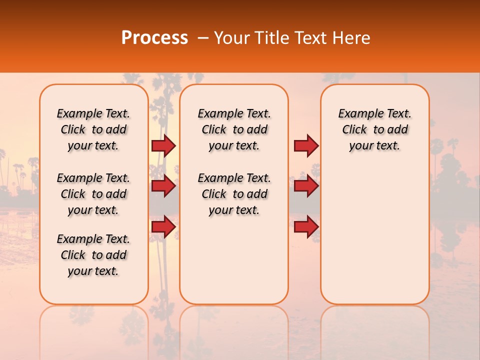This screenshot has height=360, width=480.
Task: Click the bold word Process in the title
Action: pyautogui.click(x=154, y=38)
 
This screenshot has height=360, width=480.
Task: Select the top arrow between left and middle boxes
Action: pyautogui.click(x=163, y=145)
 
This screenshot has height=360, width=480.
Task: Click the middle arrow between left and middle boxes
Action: pyautogui.click(x=163, y=186)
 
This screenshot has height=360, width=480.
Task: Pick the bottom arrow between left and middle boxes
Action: pyautogui.click(x=163, y=227)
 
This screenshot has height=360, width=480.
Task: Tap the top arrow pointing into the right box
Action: pyautogui.click(x=306, y=145)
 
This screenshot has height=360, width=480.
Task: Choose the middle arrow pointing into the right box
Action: pyautogui.click(x=306, y=186)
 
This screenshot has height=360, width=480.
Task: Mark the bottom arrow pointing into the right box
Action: pyautogui.click(x=306, y=227)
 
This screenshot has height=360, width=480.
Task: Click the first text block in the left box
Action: pyautogui.click(x=93, y=129)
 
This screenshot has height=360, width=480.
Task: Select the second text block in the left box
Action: pyautogui.click(x=93, y=194)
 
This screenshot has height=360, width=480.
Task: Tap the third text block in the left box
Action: pyautogui.click(x=93, y=255)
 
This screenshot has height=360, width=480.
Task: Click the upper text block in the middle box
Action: pyautogui.click(x=234, y=129)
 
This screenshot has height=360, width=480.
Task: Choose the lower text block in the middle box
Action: pyautogui.click(x=234, y=194)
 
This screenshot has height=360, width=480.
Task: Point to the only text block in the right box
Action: pyautogui.click(x=374, y=129)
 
